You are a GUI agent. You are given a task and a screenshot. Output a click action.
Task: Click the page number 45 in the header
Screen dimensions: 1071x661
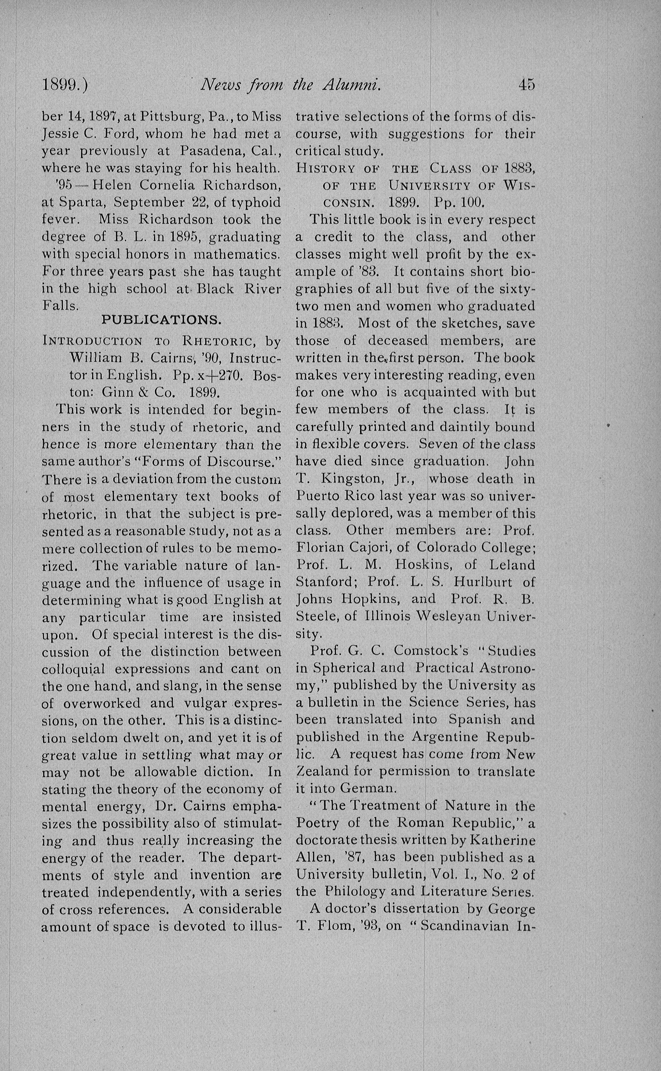[526, 84]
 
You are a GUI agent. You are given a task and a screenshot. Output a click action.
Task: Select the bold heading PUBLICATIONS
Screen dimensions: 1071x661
[161, 320]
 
